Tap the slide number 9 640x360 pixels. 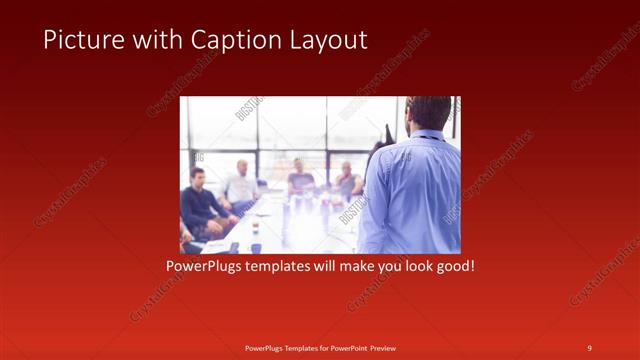tap(589, 347)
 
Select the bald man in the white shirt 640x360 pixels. tap(241, 185)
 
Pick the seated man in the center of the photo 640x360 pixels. tap(300, 180)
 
